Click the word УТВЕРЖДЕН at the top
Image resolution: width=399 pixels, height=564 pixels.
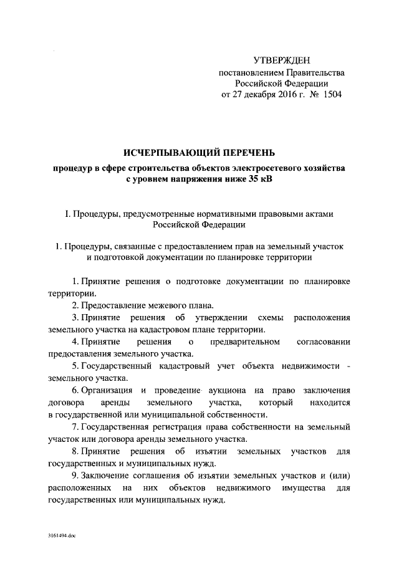pos(281,60)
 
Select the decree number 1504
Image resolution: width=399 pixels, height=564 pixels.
pos(330,95)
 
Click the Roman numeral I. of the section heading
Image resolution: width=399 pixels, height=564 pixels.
pos(67,214)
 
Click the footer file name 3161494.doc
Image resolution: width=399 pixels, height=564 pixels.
pos(61,535)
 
